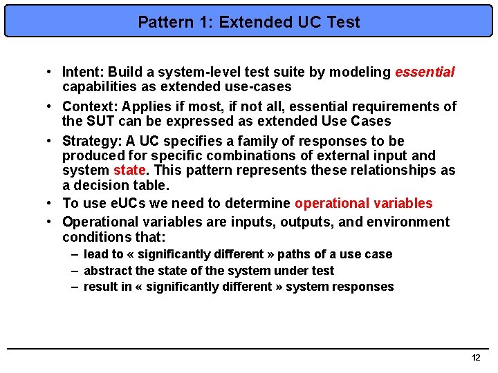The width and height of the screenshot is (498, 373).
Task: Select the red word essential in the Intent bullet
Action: (x=425, y=72)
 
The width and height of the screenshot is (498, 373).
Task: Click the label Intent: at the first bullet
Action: (x=83, y=72)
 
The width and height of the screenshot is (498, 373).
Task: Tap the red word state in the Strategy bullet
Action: (x=127, y=170)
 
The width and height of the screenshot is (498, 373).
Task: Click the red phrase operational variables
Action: (x=363, y=203)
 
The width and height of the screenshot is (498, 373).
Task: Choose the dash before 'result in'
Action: (x=75, y=287)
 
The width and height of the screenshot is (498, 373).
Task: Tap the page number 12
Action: (x=475, y=358)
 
